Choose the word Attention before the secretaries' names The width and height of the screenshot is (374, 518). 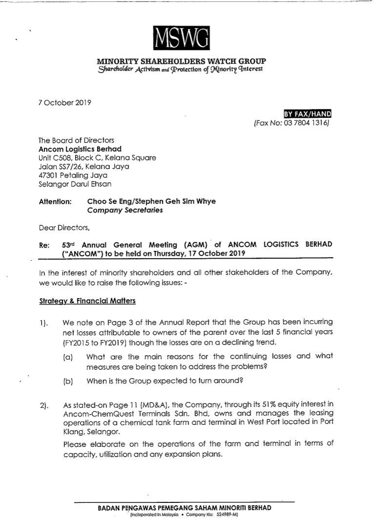[55, 201]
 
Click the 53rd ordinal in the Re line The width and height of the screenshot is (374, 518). [69, 244]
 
